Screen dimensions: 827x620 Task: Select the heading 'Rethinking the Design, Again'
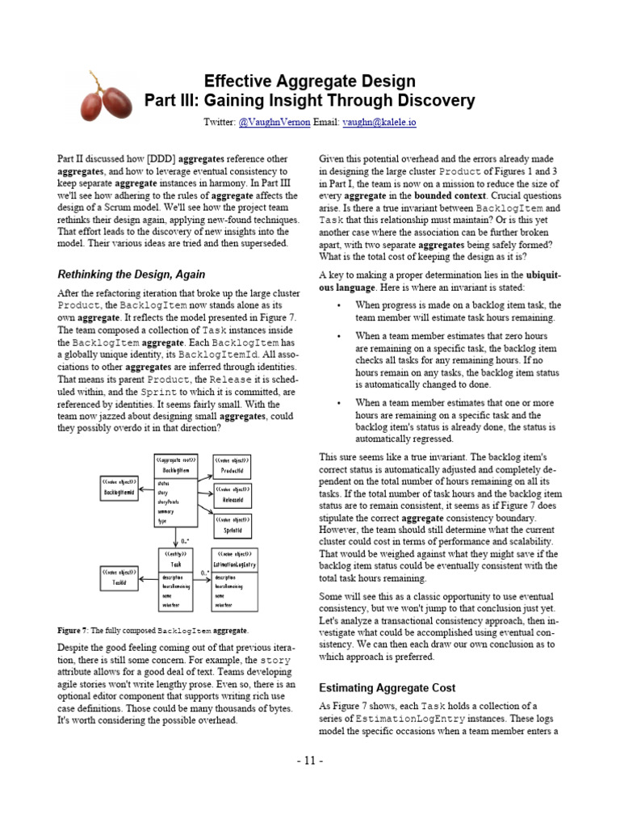(131, 274)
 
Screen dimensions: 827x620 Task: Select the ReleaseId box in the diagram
(232, 496)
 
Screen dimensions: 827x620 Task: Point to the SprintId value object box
(232, 527)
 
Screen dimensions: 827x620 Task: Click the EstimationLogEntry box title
(236, 564)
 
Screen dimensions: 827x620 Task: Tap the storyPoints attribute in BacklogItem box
(170, 501)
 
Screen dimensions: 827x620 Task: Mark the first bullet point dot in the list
(339, 305)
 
